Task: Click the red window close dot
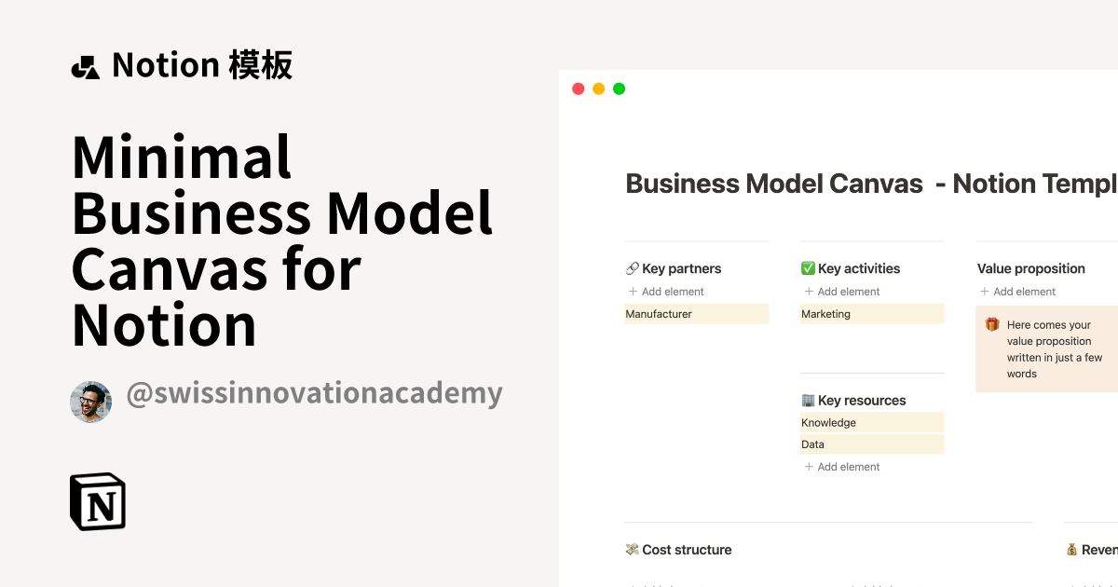(x=578, y=89)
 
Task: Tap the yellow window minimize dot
(x=598, y=89)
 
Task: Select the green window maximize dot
(x=619, y=89)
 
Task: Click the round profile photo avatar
(x=90, y=402)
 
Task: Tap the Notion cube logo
(x=98, y=501)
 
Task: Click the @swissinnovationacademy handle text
(x=314, y=393)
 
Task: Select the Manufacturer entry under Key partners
(x=659, y=314)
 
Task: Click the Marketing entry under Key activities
(x=826, y=314)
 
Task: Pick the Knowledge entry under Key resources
(x=828, y=422)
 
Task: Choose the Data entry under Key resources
(x=813, y=444)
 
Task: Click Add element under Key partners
(x=666, y=292)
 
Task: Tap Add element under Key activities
(x=842, y=292)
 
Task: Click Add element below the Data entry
(x=842, y=467)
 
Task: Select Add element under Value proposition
(x=1017, y=292)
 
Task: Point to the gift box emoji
(x=992, y=325)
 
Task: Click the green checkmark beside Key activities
(x=808, y=268)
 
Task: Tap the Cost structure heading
(x=687, y=550)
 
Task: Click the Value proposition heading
(x=1031, y=268)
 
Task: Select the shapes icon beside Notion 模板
(x=85, y=67)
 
